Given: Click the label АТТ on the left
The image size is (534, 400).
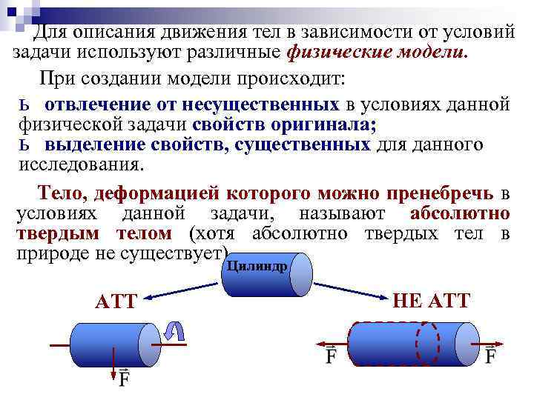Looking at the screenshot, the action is [x=116, y=301].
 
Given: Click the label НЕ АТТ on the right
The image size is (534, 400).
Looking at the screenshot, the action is [x=431, y=300].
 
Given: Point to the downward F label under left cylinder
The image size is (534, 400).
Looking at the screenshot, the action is [x=124, y=379].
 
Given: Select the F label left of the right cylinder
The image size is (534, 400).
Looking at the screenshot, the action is [x=331, y=355].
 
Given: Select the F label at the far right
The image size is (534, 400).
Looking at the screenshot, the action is [x=490, y=355].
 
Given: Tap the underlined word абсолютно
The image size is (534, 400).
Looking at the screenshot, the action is [x=459, y=214].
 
